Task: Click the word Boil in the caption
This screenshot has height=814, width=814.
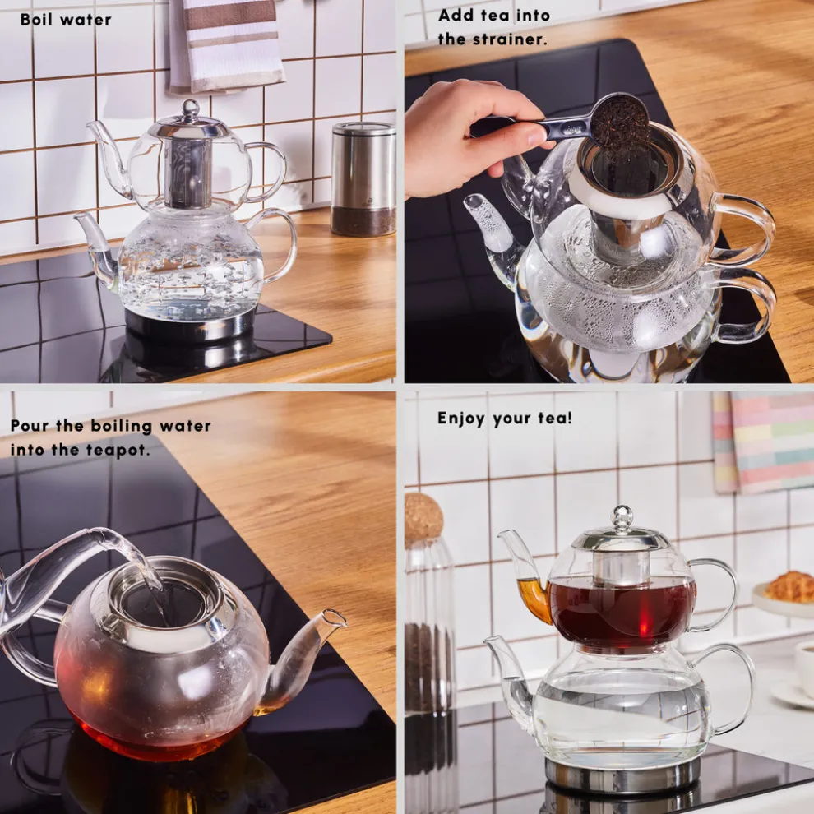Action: (x=36, y=20)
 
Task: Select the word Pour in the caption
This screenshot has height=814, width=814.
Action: (x=30, y=426)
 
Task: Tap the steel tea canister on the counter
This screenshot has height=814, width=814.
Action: (x=363, y=179)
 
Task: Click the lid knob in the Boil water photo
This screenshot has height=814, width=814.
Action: (x=191, y=108)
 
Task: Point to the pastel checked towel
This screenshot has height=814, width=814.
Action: (x=763, y=442)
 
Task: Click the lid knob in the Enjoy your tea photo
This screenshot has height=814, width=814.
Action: (x=622, y=517)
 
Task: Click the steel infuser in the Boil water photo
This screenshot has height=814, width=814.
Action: (x=187, y=172)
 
